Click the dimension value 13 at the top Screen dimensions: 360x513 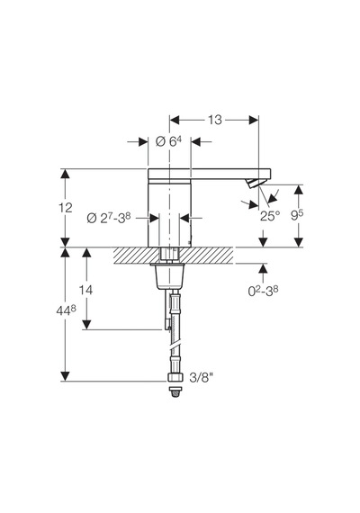tap(215, 120)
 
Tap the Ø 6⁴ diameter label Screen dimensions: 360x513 tap(168, 141)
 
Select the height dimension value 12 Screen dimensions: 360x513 tap(66, 207)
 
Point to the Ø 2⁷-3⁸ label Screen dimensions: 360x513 tap(109, 218)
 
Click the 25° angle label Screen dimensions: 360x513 tap(270, 216)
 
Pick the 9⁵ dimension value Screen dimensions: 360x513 tap(298, 215)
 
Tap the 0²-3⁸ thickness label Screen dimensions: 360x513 tap(263, 290)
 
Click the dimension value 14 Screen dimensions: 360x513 tap(85, 290)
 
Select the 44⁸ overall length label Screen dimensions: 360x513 tap(66, 310)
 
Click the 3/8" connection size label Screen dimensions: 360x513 tap(202, 378)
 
